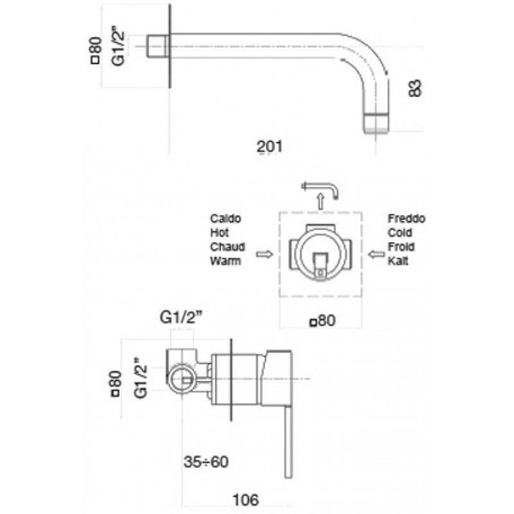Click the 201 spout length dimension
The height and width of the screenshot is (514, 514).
point(269,146)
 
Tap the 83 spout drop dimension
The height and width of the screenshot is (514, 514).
point(414,88)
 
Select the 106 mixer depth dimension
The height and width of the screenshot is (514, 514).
point(245,500)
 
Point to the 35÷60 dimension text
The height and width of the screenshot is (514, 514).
point(206,462)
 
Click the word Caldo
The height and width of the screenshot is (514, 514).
point(226,218)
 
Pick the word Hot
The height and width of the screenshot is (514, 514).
point(219,233)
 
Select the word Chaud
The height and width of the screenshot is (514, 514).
point(227,247)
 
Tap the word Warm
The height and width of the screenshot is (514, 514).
point(226,261)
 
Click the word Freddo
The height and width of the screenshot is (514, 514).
point(407,218)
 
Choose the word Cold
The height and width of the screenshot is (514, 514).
point(400,233)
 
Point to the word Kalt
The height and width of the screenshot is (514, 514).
point(398,261)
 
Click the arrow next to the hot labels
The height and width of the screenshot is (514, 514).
point(264,254)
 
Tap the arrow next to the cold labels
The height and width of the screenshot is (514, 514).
point(377,254)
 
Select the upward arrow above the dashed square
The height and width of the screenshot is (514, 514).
point(321,201)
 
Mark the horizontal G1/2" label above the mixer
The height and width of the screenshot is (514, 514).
point(181,317)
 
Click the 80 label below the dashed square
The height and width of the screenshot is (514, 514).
point(323,320)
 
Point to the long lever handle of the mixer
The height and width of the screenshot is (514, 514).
point(288,443)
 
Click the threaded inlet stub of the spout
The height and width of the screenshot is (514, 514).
point(158,46)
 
